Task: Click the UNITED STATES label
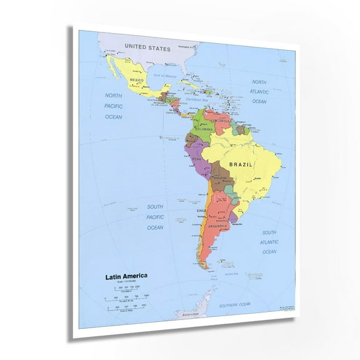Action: pyautogui.click(x=147, y=47)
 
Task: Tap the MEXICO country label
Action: pyautogui.click(x=136, y=81)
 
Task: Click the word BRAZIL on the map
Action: pyautogui.click(x=241, y=164)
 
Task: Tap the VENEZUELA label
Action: pyautogui.click(x=221, y=119)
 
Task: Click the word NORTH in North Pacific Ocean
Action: pyautogui.click(x=113, y=96)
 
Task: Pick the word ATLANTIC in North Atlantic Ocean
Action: pyautogui.click(x=259, y=92)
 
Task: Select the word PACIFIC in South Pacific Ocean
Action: pyautogui.click(x=155, y=217)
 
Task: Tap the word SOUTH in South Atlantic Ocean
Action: pyautogui.click(x=269, y=232)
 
